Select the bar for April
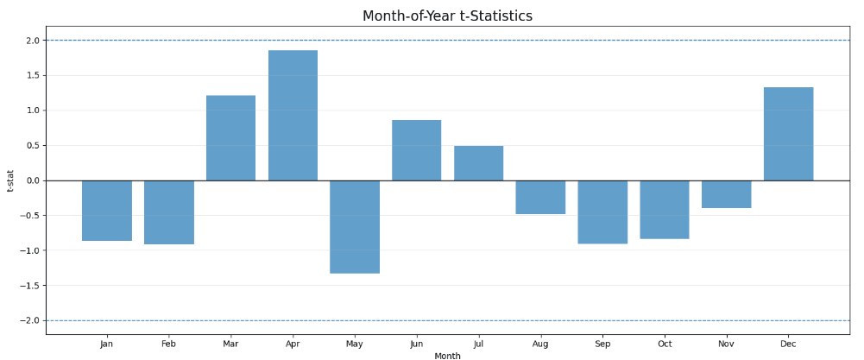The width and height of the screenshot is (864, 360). (293, 116)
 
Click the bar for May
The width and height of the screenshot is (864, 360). (355, 226)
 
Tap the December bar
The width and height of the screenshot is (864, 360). (788, 134)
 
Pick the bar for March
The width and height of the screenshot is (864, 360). (230, 138)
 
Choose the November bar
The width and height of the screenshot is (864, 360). (726, 194)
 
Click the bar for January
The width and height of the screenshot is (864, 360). (107, 211)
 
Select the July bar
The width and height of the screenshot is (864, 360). (478, 163)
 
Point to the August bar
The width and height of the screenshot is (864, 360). (540, 197)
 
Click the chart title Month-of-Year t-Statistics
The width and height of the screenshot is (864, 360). (447, 16)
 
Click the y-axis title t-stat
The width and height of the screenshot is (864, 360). (10, 180)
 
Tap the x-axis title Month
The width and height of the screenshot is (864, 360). (447, 356)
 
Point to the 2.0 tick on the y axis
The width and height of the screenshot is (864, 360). (32, 41)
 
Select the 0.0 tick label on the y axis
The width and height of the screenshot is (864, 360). (32, 180)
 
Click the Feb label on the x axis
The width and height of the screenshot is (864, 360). (168, 344)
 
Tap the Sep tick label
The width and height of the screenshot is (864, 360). (602, 344)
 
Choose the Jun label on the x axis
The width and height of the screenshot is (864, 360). (416, 344)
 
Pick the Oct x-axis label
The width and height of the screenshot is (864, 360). (665, 344)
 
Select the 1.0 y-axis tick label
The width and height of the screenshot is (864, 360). (32, 111)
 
